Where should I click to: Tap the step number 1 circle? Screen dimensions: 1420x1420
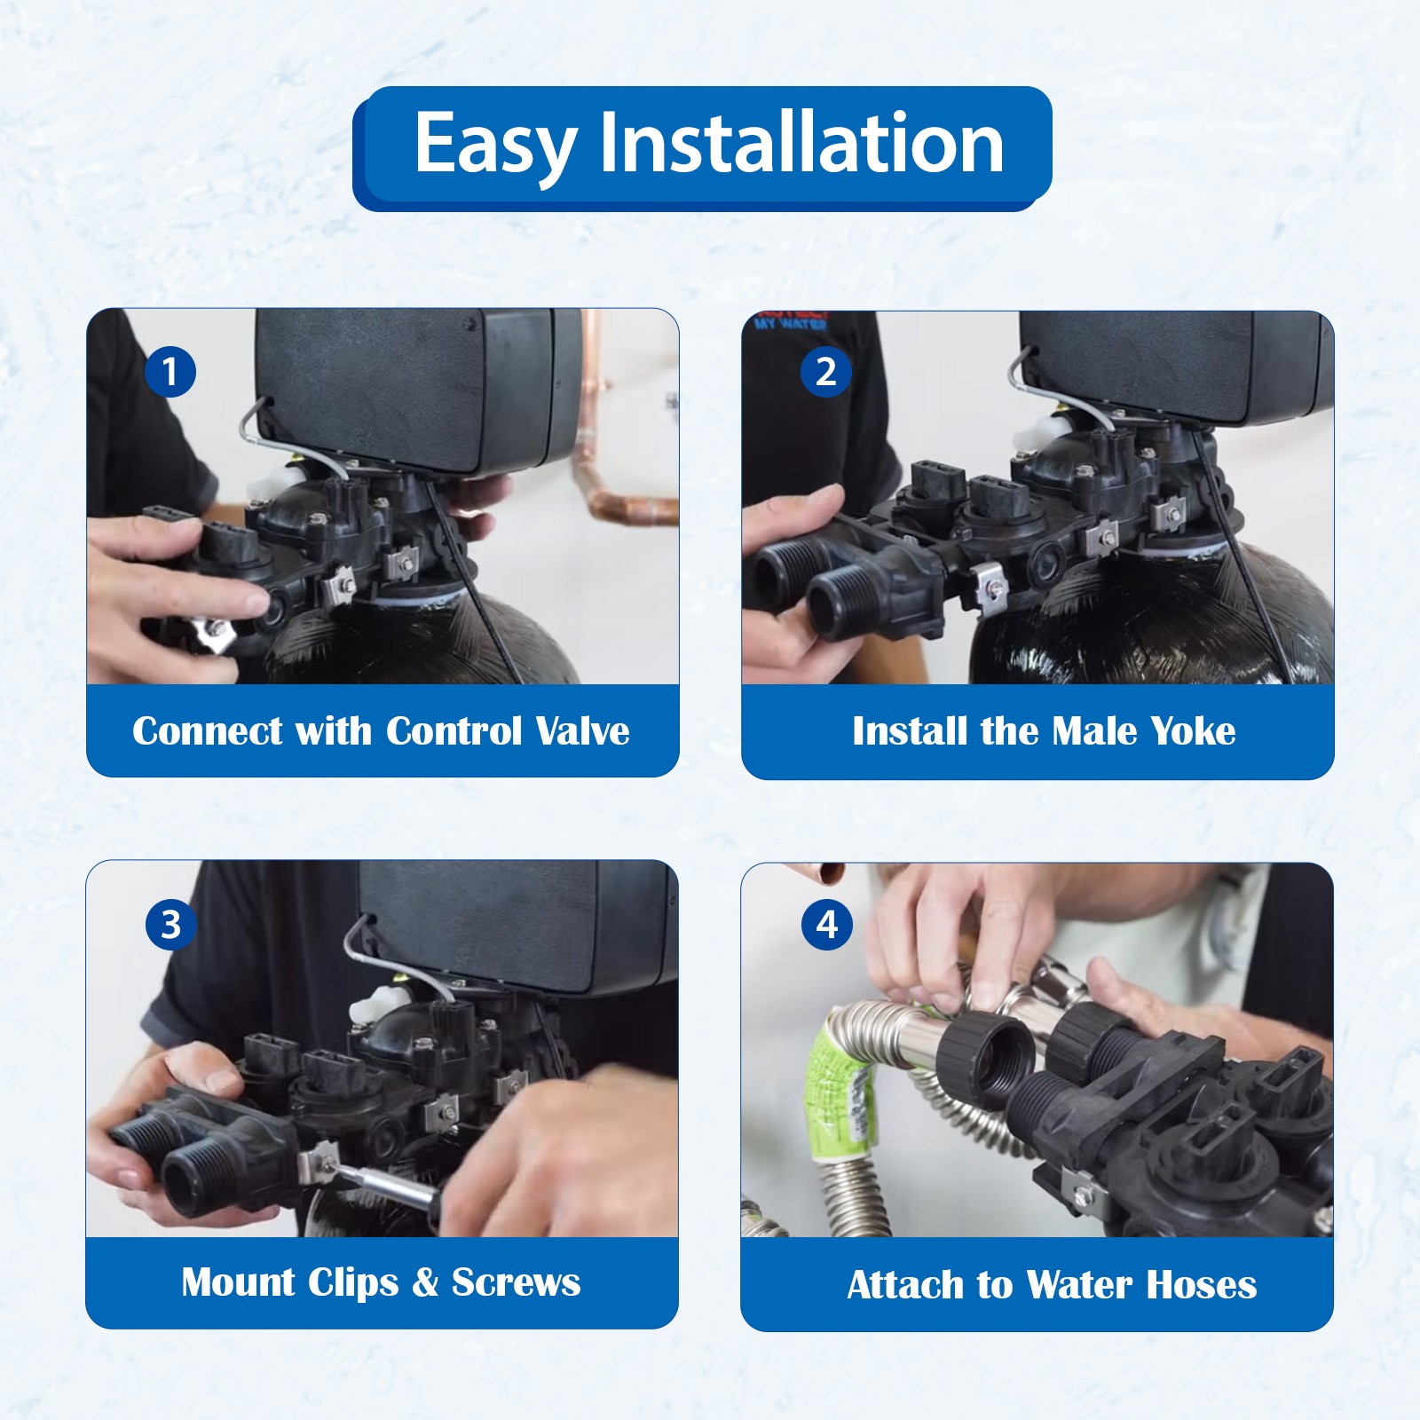tap(170, 371)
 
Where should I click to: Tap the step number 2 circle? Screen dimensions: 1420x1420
tap(825, 371)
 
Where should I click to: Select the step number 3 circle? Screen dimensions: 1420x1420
tap(170, 925)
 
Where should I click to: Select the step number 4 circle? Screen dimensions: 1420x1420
tap(827, 925)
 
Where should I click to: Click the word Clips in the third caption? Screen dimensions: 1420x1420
tap(349, 1283)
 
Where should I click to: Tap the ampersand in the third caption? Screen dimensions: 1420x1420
tap(426, 1282)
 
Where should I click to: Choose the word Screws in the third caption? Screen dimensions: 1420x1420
tap(516, 1282)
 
